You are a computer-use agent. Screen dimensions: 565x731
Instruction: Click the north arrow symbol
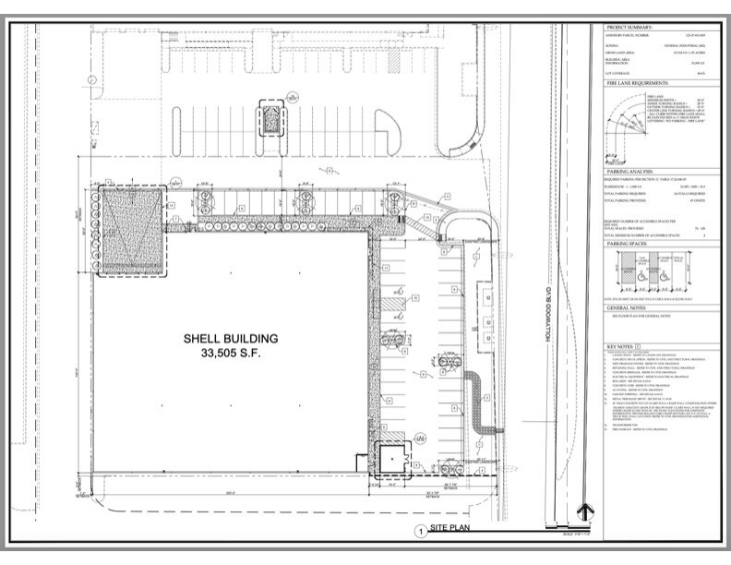[x=582, y=512]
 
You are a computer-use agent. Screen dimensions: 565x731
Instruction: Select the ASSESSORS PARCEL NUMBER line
[x=631, y=37]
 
